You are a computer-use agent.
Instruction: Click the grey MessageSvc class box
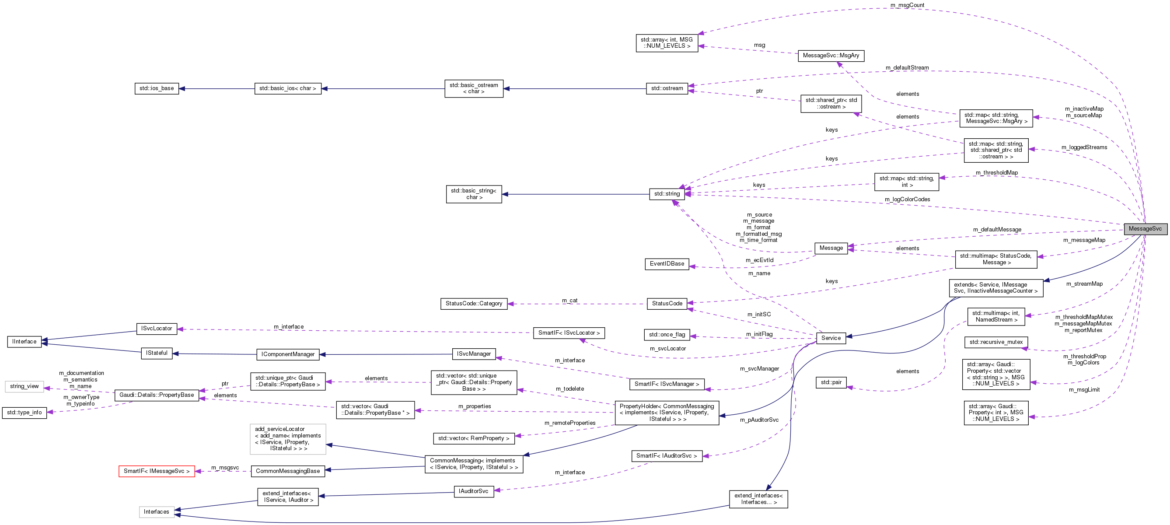pyautogui.click(x=1145, y=229)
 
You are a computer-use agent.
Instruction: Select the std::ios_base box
pyautogui.click(x=156, y=88)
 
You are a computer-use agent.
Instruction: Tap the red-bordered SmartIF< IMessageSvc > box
pyautogui.click(x=156, y=471)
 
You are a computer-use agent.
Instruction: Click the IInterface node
pyautogui.click(x=24, y=342)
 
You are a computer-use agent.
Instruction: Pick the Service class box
pyautogui.click(x=831, y=338)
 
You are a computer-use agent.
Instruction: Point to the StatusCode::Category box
pyautogui.click(x=474, y=303)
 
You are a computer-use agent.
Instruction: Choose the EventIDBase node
pyautogui.click(x=666, y=264)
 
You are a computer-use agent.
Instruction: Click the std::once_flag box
pyautogui.click(x=666, y=335)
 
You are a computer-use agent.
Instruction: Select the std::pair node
pyautogui.click(x=831, y=382)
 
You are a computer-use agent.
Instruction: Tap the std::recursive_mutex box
pyautogui.click(x=995, y=342)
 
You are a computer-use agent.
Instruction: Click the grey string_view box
pyautogui.click(x=24, y=386)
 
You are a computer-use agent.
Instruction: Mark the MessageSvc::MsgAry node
pyautogui.click(x=831, y=56)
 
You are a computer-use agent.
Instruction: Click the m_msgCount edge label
pyautogui.click(x=907, y=5)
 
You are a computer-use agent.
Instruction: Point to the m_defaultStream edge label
pyautogui.click(x=907, y=68)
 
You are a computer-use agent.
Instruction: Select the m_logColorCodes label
pyautogui.click(x=907, y=199)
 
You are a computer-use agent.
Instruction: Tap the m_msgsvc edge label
pyautogui.click(x=225, y=467)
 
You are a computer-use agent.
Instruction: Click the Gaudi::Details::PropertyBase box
pyautogui.click(x=156, y=395)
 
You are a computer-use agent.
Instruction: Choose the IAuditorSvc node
pyautogui.click(x=473, y=491)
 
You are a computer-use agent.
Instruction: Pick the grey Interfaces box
pyautogui.click(x=156, y=512)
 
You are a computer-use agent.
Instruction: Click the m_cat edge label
pyautogui.click(x=569, y=300)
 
